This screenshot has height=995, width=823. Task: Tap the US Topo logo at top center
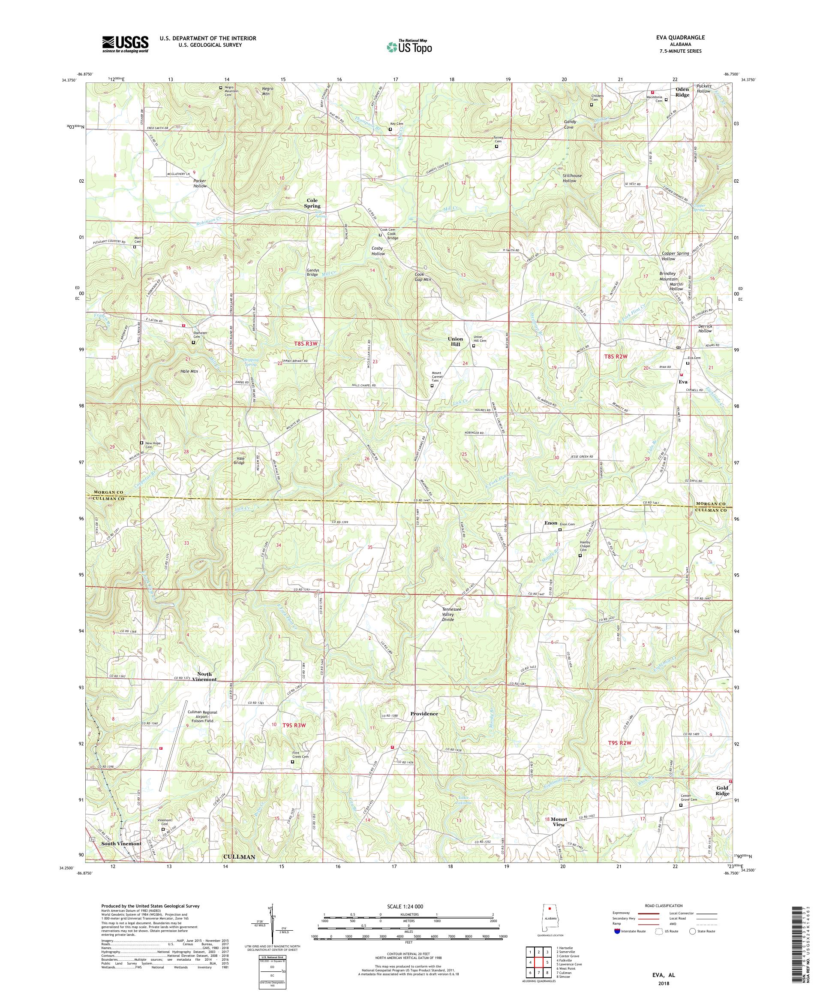(x=410, y=46)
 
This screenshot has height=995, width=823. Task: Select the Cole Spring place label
(x=312, y=203)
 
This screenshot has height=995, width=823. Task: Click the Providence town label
(x=424, y=714)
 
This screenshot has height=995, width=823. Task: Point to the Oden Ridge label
(x=682, y=92)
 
